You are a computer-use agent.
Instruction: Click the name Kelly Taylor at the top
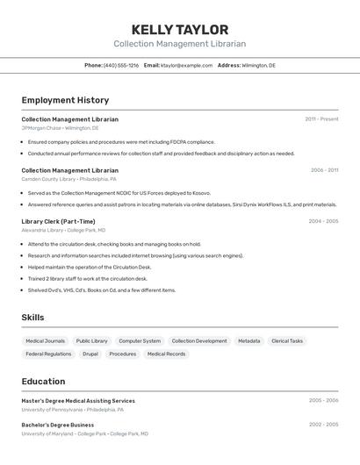click(179, 29)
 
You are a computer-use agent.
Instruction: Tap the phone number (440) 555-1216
click(121, 65)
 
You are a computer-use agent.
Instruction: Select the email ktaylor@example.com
click(186, 65)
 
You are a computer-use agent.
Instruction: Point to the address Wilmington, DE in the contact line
click(258, 65)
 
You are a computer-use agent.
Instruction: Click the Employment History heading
click(65, 100)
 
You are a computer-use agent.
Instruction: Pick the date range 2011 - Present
click(321, 119)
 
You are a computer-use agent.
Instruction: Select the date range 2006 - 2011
click(324, 170)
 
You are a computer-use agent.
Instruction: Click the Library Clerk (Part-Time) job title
click(58, 221)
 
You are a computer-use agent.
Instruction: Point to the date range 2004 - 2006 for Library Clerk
click(323, 221)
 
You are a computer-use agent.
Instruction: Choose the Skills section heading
click(32, 317)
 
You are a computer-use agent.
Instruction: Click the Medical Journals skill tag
click(45, 340)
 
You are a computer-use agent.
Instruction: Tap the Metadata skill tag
click(248, 340)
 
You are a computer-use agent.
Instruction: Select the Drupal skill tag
click(90, 354)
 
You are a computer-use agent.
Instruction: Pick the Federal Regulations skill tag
click(48, 354)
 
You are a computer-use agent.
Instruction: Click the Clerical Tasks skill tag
click(287, 340)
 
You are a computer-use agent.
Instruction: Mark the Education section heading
click(43, 381)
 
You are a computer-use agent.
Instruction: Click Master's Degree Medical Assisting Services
click(78, 400)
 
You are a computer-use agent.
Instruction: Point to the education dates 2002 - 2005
click(323, 425)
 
